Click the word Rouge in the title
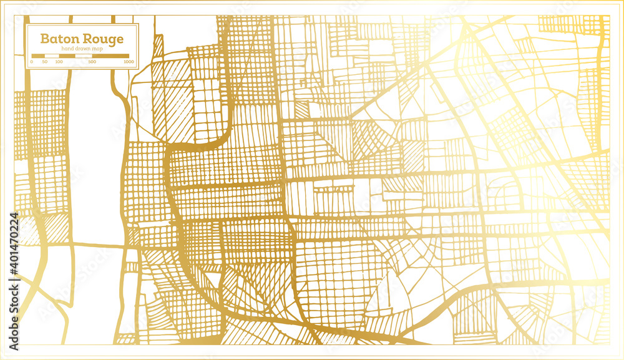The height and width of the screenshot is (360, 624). tap(103, 39)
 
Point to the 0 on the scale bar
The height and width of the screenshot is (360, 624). tap(32, 62)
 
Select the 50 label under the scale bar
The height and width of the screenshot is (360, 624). tap(45, 62)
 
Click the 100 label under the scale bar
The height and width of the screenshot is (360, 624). tap(59, 62)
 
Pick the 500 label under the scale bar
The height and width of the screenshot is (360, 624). tap(92, 62)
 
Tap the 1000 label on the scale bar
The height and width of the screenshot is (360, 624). tap(129, 62)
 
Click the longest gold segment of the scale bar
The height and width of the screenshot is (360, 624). tap(110, 56)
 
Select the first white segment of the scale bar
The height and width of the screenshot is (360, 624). tap(52, 56)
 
